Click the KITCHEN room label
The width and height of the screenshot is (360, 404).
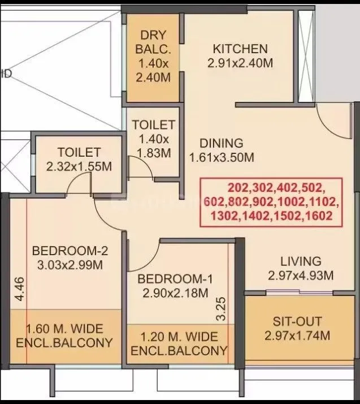tap(240, 48)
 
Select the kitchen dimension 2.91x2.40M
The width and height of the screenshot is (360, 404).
tap(240, 63)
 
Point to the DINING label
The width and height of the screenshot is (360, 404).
tap(222, 143)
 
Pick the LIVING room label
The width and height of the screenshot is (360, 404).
tap(301, 261)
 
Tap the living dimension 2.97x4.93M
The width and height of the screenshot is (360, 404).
tap(301, 276)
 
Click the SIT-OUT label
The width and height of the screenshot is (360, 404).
tap(297, 321)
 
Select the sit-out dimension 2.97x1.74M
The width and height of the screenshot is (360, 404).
tap(297, 336)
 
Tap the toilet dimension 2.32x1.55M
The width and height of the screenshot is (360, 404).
tap(79, 166)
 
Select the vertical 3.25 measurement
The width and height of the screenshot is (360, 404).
tap(222, 308)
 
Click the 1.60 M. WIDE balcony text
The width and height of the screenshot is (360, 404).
tap(70, 328)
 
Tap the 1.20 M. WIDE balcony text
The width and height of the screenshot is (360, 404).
tap(179, 337)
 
